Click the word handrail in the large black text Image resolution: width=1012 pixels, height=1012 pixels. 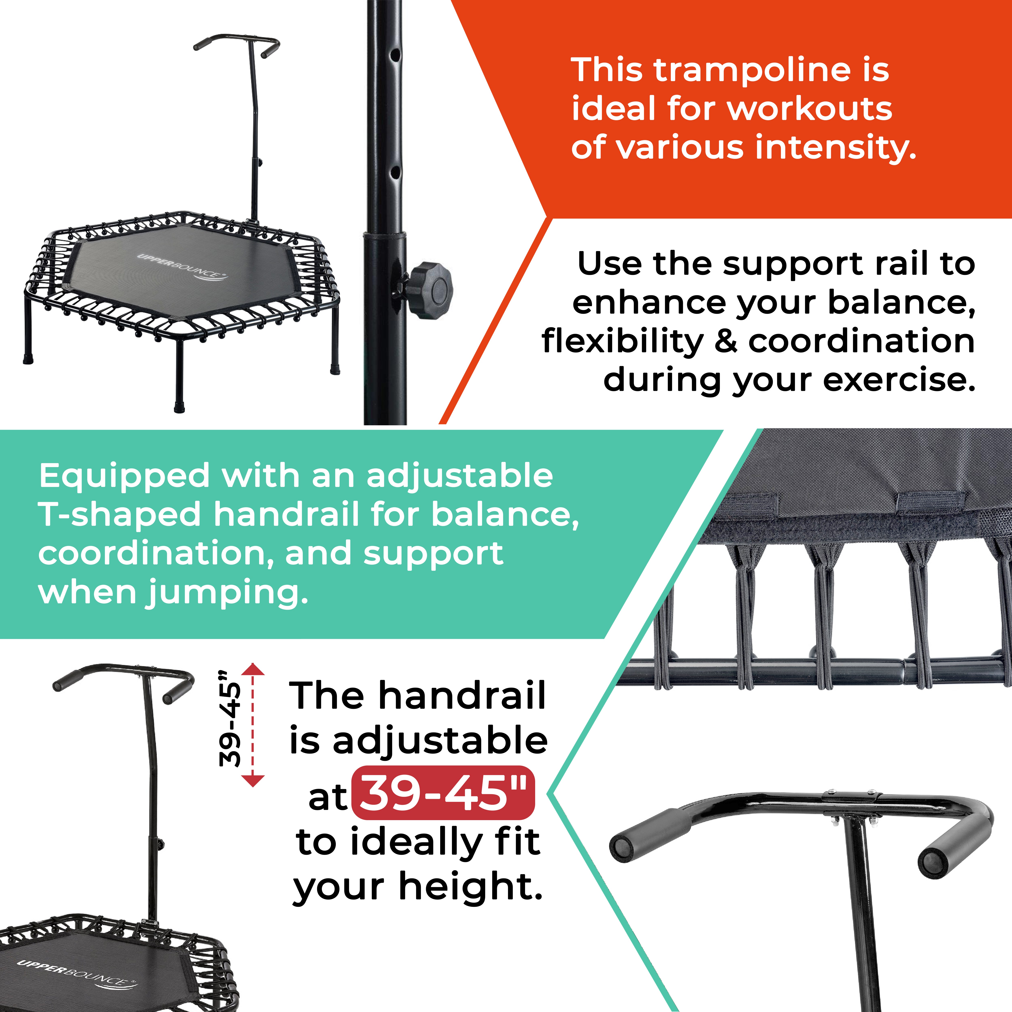coord(462,696)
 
